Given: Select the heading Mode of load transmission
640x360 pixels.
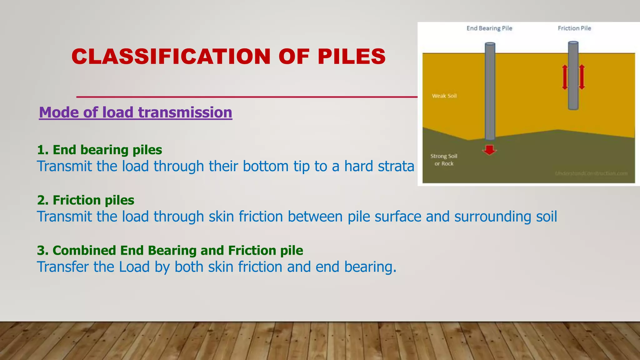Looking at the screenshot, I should (x=135, y=112).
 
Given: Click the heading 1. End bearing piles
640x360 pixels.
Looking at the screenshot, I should (x=99, y=150).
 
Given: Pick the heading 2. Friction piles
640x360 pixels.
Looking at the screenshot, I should (x=85, y=200).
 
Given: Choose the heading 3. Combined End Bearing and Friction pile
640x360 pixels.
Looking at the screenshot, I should (x=170, y=251).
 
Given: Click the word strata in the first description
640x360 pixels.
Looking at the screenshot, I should (x=396, y=166).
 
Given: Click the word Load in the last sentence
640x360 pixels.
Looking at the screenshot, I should (x=134, y=267).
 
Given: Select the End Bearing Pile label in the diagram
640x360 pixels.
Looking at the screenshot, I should (x=489, y=28).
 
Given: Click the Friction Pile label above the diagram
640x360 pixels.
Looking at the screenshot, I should (x=574, y=28).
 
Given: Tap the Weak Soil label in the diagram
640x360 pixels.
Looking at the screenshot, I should (x=444, y=96).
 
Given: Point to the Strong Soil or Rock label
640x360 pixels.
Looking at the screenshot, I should (x=444, y=160).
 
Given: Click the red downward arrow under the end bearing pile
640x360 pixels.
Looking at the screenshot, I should (x=489, y=150).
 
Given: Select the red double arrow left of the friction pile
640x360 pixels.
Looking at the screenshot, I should (x=565, y=77).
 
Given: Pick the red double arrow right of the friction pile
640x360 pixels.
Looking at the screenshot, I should (x=582, y=77).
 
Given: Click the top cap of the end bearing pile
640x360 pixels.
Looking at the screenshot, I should (x=490, y=44).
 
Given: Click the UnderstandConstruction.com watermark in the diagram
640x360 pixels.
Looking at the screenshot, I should (x=591, y=173).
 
